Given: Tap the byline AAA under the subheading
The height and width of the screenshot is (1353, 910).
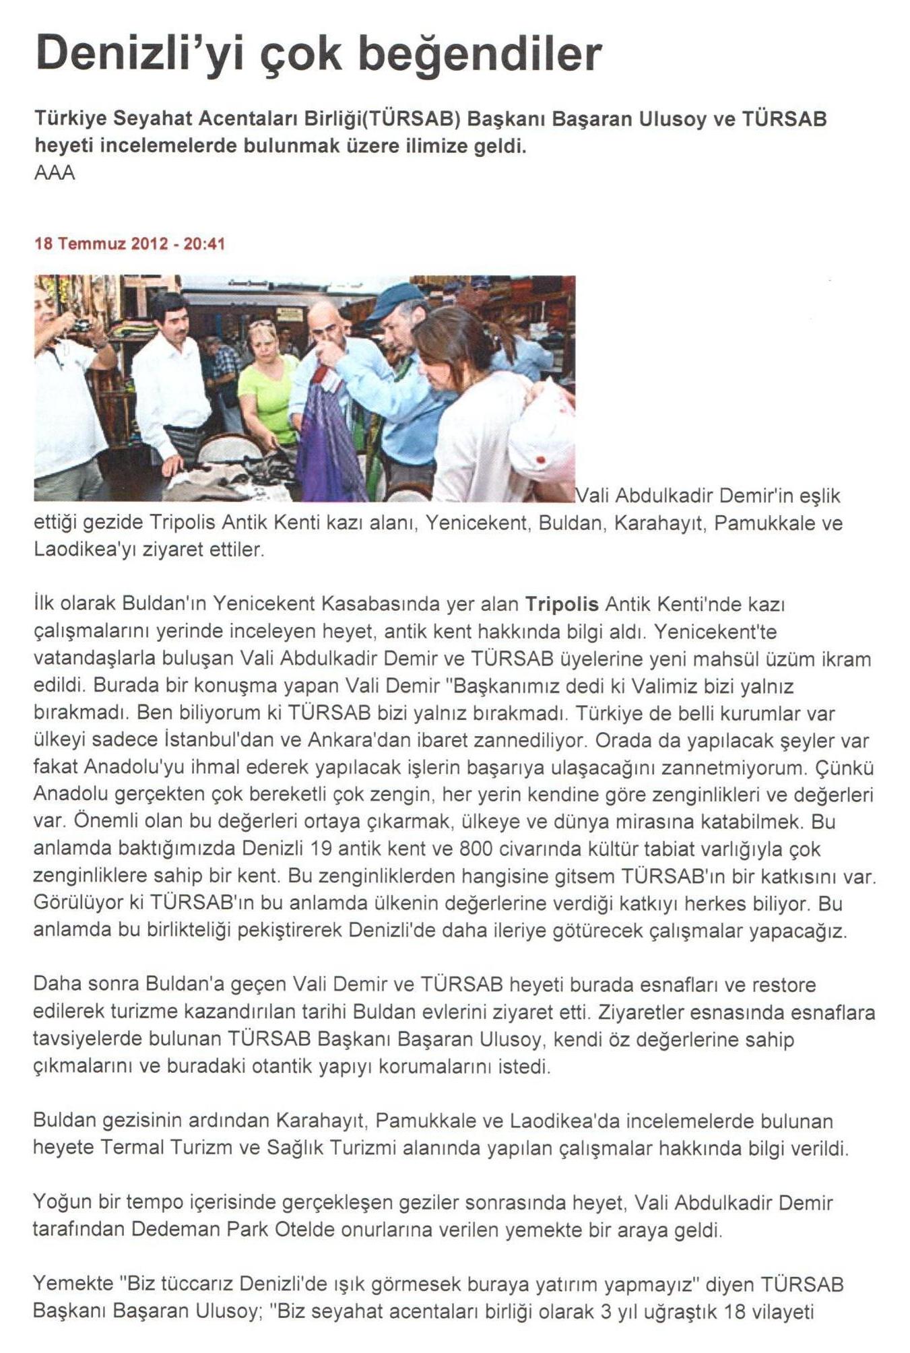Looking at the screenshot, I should [54, 173].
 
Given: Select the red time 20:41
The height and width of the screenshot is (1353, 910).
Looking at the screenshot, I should [204, 244].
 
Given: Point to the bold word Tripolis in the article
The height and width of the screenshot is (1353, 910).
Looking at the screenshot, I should [562, 603].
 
